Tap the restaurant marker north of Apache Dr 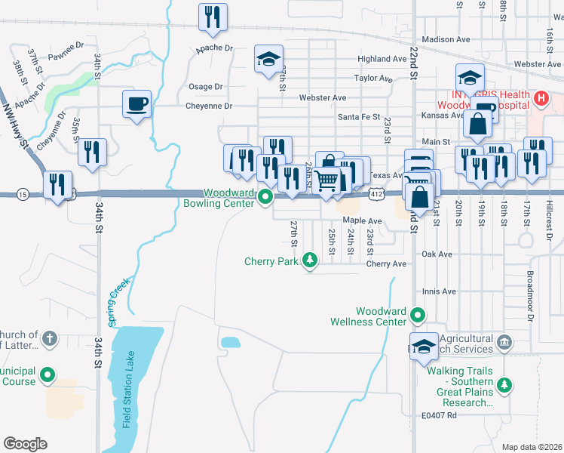[x=213, y=17]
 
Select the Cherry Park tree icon [x=309, y=260]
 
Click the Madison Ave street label [x=446, y=39]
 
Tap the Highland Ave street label [x=382, y=59]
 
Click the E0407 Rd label [x=441, y=415]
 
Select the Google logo [x=26, y=444]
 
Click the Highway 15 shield [x=23, y=194]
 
